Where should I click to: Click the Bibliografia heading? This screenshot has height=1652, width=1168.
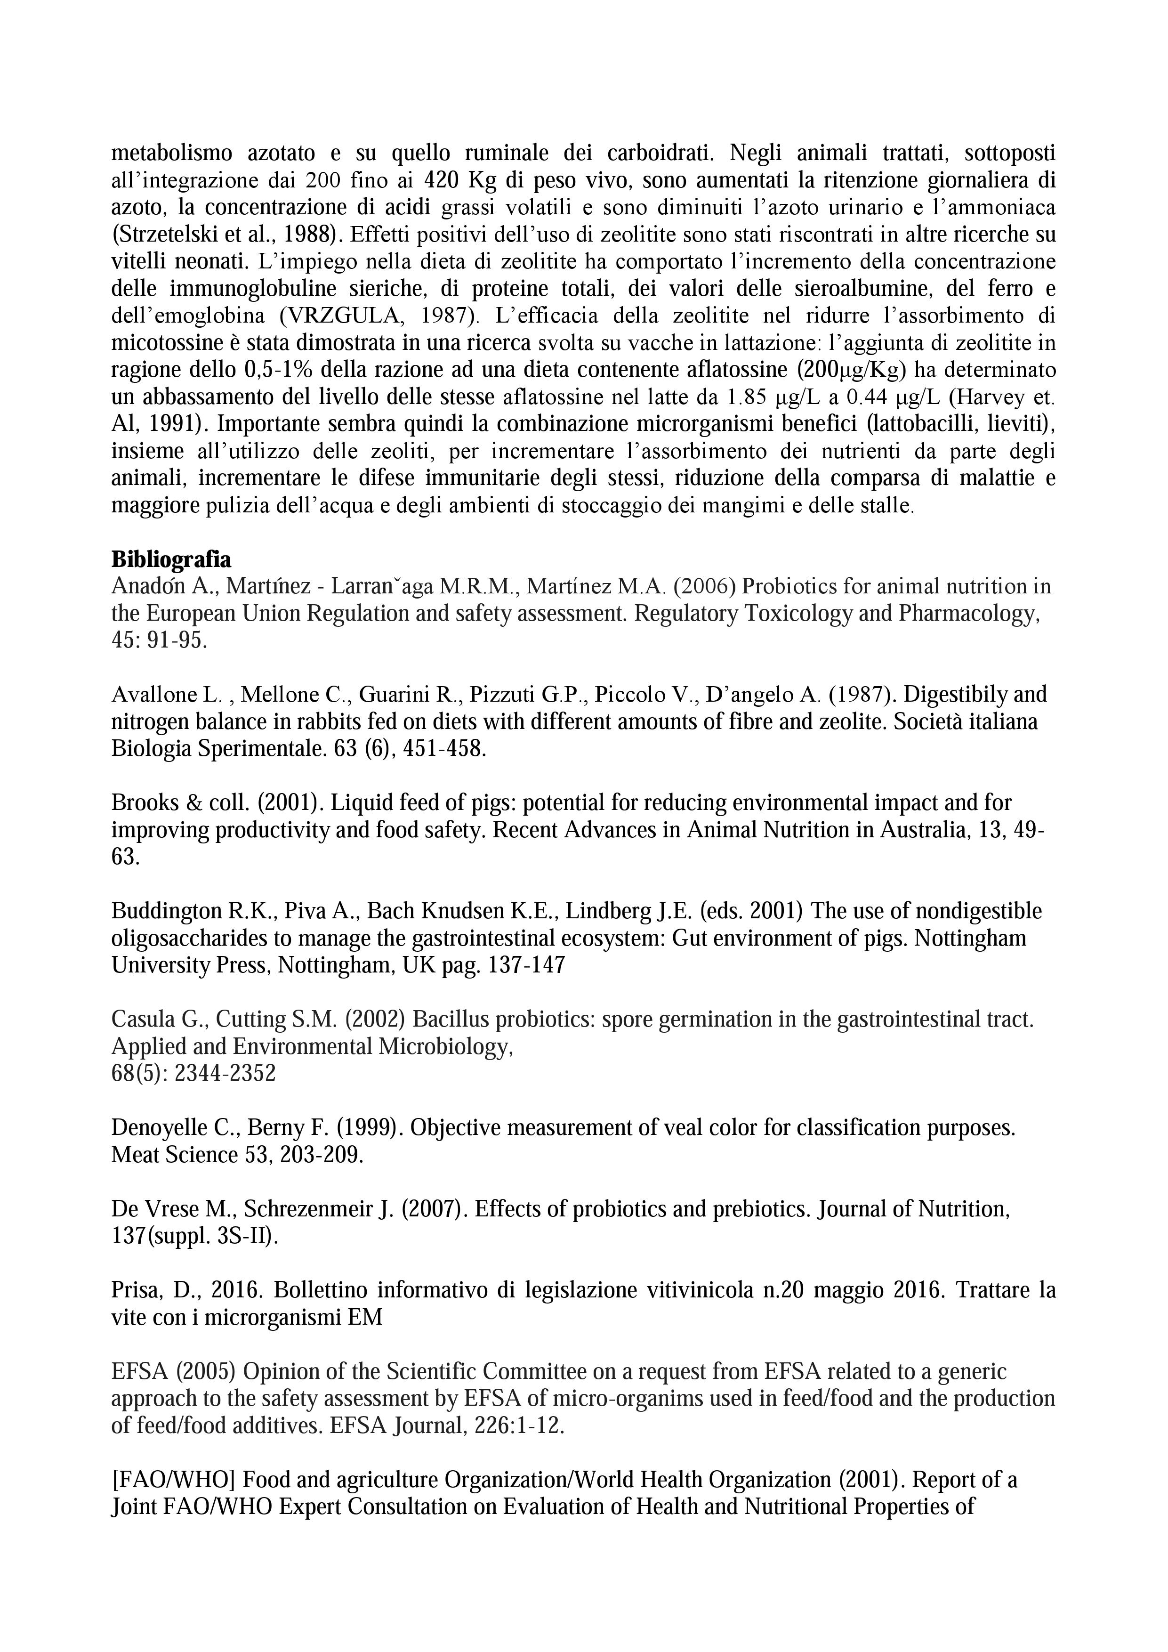point(171,560)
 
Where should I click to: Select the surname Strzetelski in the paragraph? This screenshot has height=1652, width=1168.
point(162,235)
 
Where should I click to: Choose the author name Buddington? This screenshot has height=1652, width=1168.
point(167,911)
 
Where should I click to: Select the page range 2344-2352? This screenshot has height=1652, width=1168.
point(225,1074)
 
